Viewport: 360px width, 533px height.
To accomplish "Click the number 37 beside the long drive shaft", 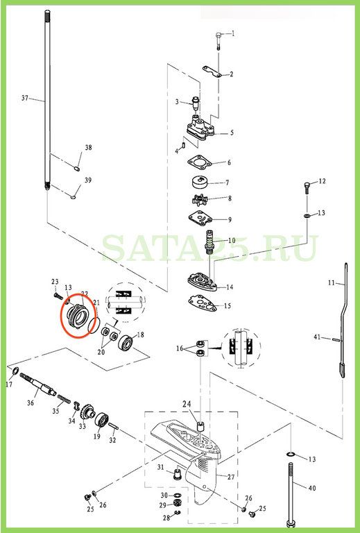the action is click(25, 99).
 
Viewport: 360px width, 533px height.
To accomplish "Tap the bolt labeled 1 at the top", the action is click(218, 41).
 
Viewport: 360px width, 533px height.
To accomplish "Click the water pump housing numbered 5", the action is click(202, 129).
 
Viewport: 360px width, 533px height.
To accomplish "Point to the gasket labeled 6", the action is click(200, 163).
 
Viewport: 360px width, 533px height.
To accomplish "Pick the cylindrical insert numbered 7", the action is click(199, 183).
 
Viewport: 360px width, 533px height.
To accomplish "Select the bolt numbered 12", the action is click(307, 187).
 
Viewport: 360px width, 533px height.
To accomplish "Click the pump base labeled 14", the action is click(203, 281).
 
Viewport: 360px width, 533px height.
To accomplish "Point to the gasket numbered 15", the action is click(204, 303).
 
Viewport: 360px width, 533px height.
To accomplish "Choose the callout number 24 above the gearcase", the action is click(187, 404).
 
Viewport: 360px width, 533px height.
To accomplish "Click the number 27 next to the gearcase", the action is click(231, 477).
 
